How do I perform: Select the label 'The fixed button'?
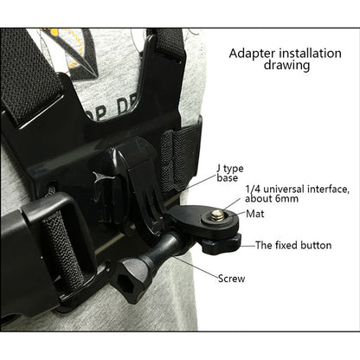293,245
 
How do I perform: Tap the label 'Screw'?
231,279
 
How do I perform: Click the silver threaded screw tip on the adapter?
213,212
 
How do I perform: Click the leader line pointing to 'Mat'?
235,212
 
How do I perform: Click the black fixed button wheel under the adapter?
217,245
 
